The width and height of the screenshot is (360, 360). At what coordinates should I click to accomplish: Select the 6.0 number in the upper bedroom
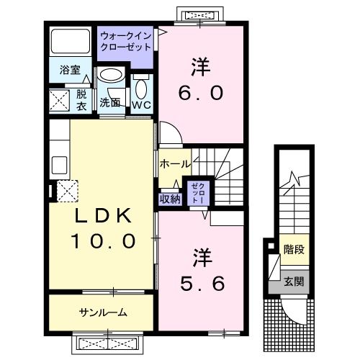pos(201,92)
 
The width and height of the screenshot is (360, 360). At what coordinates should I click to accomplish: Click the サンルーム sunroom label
pos(103,312)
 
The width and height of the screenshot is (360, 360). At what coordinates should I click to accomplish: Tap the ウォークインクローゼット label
pos(126,40)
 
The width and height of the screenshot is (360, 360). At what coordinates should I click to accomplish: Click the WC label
pos(141,104)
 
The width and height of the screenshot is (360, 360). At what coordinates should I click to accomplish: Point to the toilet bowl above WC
pos(141,88)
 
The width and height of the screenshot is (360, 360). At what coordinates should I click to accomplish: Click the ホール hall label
pos(175,163)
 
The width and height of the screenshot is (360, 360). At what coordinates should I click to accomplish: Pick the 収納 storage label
pos(171,199)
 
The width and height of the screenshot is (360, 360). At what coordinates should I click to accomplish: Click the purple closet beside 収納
pos(196,193)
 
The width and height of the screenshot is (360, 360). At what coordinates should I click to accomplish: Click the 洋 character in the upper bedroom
pos(201,67)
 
